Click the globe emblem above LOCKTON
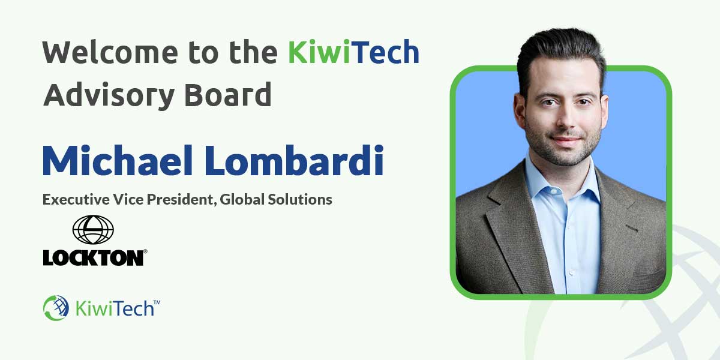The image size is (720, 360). pyautogui.click(x=93, y=230)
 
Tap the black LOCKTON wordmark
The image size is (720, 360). pyautogui.click(x=93, y=258)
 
